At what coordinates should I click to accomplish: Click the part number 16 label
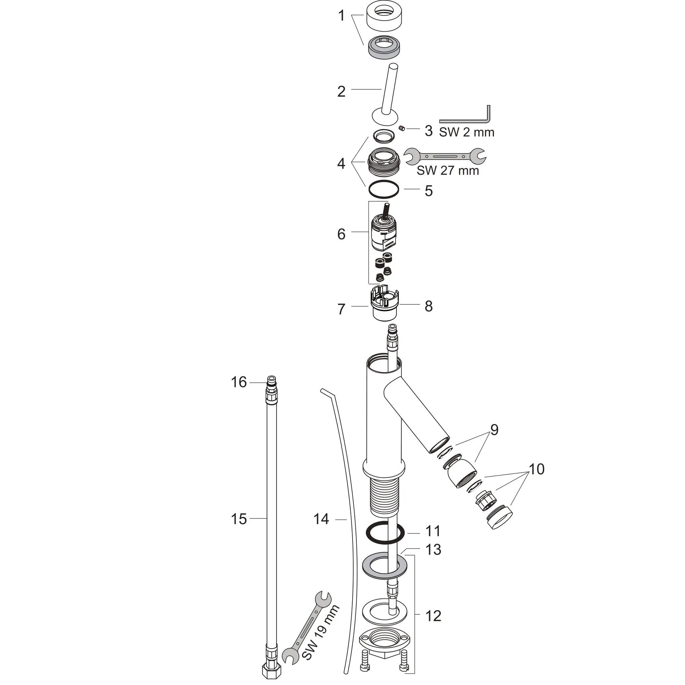(238, 382)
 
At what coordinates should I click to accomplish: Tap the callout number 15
(238, 519)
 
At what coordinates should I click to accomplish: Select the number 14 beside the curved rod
(321, 519)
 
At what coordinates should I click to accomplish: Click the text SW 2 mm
(467, 132)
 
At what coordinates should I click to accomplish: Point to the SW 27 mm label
(448, 171)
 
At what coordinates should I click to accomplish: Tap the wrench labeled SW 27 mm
(445, 156)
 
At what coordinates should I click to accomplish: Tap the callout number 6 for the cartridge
(341, 234)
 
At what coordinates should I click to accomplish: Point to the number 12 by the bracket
(433, 616)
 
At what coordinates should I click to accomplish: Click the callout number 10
(536, 469)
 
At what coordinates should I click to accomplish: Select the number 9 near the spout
(494, 429)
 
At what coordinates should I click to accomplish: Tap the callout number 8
(429, 306)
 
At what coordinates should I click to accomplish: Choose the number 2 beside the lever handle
(341, 91)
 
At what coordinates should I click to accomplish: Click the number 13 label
(433, 550)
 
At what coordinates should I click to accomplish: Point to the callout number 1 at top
(341, 16)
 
